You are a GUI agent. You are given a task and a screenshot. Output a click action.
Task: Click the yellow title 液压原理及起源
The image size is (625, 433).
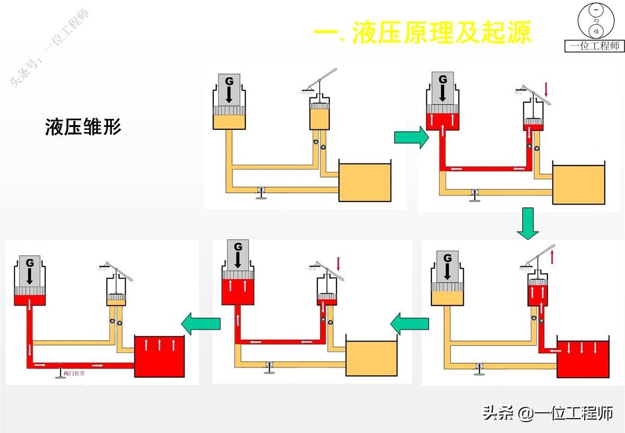pyautogui.click(x=423, y=33)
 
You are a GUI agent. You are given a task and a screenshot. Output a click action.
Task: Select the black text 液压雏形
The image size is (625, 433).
pyautogui.click(x=83, y=127)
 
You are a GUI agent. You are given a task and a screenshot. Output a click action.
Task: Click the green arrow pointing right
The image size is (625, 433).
pyautogui.click(x=411, y=138)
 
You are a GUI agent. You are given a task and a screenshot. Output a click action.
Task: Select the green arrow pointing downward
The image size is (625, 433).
pyautogui.click(x=528, y=223)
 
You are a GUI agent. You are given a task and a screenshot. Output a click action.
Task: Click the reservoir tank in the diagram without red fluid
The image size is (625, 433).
pyautogui.click(x=365, y=181)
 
